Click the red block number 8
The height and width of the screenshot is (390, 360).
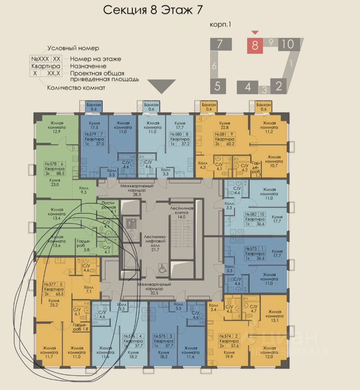pyautogui.click(x=255, y=45)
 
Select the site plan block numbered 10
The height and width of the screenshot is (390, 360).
pyautogui.click(x=289, y=43)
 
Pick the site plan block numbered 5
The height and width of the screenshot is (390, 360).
pyautogui.click(x=218, y=86)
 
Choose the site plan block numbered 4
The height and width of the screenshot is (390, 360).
pyautogui.click(x=248, y=87)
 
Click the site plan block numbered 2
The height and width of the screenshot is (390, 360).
pyautogui.click(x=278, y=86)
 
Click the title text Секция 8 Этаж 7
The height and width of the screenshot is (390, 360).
pyautogui.click(x=153, y=10)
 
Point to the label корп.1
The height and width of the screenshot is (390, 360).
pyautogui.click(x=220, y=25)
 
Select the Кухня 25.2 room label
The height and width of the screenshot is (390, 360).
pyautogui.click(x=54, y=303)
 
